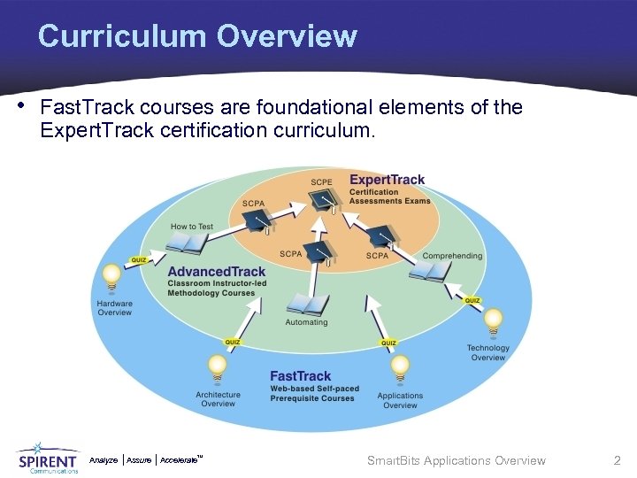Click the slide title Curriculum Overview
(x=197, y=36)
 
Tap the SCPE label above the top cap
(x=321, y=182)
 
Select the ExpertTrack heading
(x=387, y=180)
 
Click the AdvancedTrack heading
(x=216, y=272)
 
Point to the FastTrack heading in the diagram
(x=300, y=376)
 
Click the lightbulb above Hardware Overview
(x=112, y=278)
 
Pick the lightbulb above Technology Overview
(x=493, y=320)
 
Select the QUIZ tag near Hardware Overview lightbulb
(x=139, y=260)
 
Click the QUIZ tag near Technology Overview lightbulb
(x=472, y=301)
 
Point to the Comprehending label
(x=452, y=256)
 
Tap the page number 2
(x=618, y=460)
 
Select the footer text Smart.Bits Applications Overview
(x=456, y=460)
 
